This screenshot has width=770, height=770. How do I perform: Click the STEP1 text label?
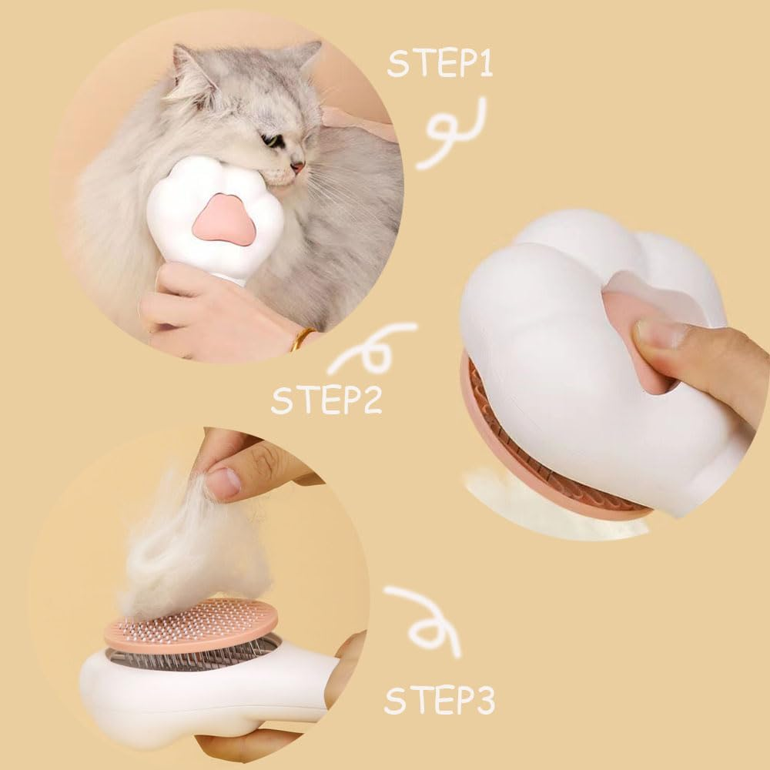pyautogui.click(x=440, y=63)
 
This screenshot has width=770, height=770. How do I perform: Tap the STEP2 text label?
pyautogui.click(x=326, y=401)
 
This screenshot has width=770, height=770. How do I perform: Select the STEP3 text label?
pyautogui.click(x=439, y=701)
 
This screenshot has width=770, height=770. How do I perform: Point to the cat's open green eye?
pyautogui.click(x=272, y=140)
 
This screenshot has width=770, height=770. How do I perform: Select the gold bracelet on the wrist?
pyautogui.click(x=303, y=339)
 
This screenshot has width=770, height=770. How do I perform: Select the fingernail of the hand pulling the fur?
pyautogui.click(x=224, y=483)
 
